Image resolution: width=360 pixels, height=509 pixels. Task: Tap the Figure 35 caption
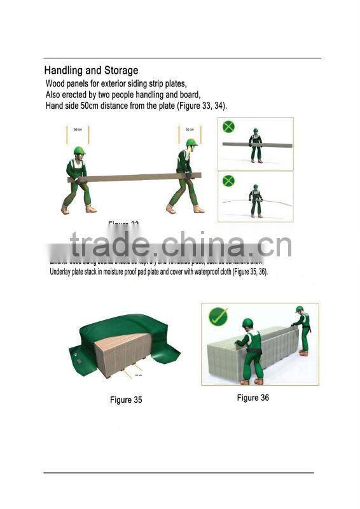126,400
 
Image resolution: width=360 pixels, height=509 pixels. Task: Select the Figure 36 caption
253,398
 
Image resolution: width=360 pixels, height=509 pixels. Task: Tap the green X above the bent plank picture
228,181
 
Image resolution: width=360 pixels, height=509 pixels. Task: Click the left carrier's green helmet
80,151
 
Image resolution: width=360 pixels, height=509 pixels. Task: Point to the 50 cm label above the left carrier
78,130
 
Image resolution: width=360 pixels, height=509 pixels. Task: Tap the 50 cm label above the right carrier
190,130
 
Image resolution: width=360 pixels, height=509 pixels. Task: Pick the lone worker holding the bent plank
255,200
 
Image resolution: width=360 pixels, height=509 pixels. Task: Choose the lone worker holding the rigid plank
255,144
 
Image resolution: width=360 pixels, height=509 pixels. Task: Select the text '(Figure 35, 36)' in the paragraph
241,272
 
